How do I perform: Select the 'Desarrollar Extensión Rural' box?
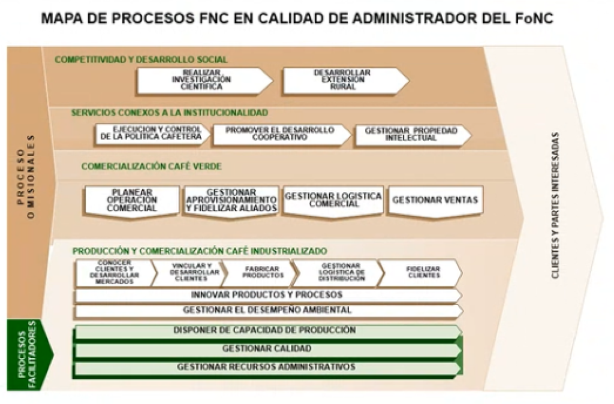coord(342,80)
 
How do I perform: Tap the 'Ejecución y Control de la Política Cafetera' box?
coord(152,135)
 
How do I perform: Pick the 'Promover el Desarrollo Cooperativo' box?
coord(279,135)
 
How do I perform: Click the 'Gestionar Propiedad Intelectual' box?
coord(411,135)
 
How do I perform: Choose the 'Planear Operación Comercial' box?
coord(132,201)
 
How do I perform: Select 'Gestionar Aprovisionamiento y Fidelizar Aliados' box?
coord(231,201)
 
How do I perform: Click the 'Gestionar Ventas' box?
coord(435,201)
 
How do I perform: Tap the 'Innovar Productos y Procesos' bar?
coord(267,295)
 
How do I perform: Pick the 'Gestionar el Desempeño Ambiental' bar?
coord(267,310)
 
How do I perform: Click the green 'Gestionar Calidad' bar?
coord(267,349)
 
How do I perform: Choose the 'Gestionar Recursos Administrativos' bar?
coord(266,367)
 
